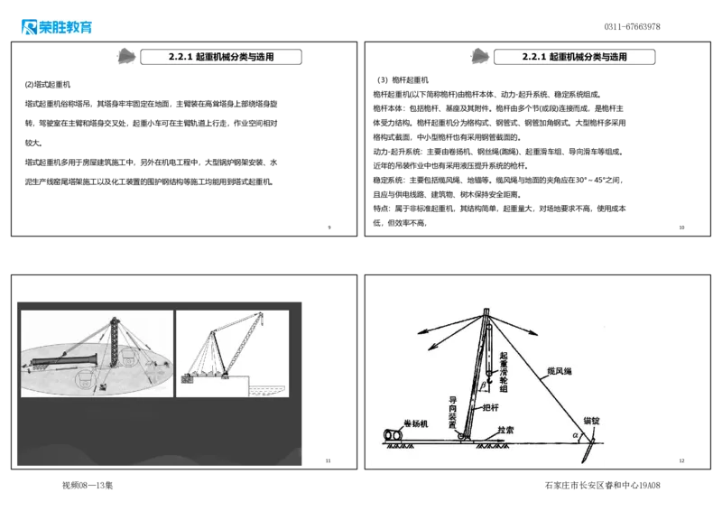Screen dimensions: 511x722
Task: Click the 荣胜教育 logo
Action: point(55,26)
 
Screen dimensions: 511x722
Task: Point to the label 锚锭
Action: point(591,421)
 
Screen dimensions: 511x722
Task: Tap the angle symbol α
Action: point(575,435)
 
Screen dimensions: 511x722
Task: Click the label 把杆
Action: point(492,408)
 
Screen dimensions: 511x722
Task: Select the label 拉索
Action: point(504,431)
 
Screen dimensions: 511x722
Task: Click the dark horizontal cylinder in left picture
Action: point(63,363)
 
